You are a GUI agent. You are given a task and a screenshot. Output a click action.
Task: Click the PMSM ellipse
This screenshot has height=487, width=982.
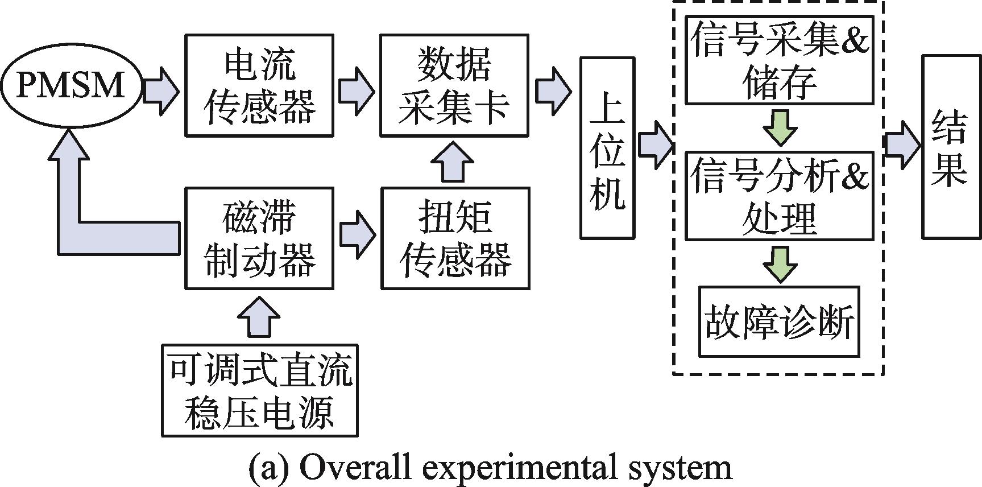[x=71, y=86]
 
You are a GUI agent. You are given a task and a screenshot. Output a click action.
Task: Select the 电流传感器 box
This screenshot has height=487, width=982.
[x=259, y=85]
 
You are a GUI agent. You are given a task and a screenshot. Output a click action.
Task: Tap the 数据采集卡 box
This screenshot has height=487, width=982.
[x=454, y=85]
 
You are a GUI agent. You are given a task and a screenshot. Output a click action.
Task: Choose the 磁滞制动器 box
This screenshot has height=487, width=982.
[x=259, y=238]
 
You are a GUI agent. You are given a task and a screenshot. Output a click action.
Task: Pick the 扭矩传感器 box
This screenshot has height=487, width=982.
[x=455, y=238]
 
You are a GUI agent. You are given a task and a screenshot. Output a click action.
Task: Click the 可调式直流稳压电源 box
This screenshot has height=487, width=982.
[x=260, y=390]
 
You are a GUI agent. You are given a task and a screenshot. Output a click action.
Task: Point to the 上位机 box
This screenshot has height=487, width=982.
[x=607, y=148]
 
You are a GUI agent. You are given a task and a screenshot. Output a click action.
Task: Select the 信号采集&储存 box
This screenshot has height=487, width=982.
[x=779, y=60]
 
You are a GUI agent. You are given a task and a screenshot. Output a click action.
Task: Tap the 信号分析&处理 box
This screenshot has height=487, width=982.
[x=779, y=195]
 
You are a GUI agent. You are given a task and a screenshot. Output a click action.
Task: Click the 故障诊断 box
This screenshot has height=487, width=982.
[x=779, y=321]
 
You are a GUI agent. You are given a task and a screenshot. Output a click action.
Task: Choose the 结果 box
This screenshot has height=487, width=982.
[x=948, y=146]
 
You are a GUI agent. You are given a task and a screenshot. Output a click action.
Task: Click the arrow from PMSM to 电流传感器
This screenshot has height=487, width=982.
[x=161, y=90]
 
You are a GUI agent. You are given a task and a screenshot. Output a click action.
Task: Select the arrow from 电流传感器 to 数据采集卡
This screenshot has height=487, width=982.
[x=357, y=90]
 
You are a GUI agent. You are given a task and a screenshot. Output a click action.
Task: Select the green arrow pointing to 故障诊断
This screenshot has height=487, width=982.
[x=780, y=263]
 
